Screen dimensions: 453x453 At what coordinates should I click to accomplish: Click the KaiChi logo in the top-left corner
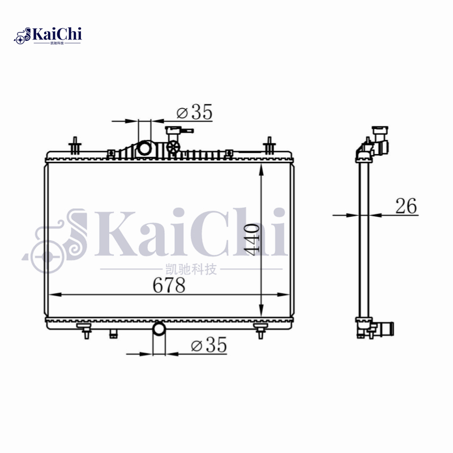[48, 35]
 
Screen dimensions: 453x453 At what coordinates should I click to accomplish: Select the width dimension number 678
[169, 286]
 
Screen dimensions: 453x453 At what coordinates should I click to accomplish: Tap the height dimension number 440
[253, 238]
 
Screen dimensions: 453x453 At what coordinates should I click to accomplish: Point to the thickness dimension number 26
[405, 207]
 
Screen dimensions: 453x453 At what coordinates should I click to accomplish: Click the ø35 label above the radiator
[194, 113]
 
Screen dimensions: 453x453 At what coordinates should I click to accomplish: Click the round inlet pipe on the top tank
[146, 149]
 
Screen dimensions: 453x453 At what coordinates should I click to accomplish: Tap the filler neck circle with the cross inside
[174, 147]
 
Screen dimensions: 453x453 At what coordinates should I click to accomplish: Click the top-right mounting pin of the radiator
[270, 146]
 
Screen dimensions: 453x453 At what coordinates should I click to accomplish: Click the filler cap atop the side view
[378, 131]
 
